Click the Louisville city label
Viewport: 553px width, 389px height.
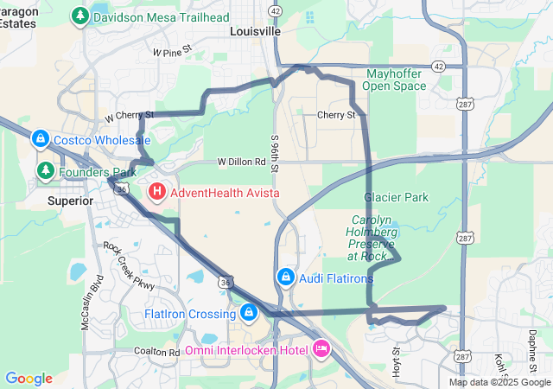[256, 30]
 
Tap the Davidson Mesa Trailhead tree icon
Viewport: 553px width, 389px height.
[80, 16]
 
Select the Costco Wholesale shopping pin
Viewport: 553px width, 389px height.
[40, 138]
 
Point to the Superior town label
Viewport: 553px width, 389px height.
[70, 201]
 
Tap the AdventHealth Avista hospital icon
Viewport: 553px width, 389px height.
[157, 191]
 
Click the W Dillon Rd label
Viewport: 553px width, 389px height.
[241, 161]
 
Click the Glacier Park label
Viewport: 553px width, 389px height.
[396, 197]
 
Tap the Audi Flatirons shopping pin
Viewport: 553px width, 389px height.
[285, 277]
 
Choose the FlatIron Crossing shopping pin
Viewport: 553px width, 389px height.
[249, 312]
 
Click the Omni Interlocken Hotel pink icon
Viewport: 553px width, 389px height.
[321, 348]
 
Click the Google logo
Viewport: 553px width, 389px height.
[29, 378]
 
